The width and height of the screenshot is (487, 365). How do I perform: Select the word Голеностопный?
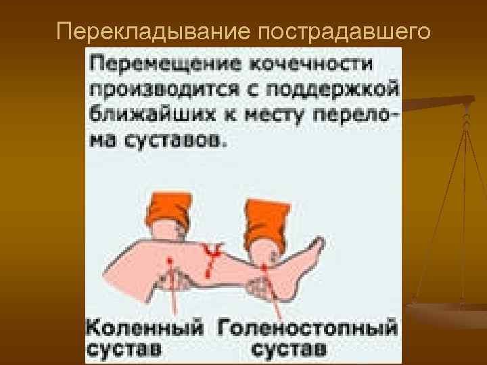[307, 328]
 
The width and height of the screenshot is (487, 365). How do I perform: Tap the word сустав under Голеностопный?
[289, 350]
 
